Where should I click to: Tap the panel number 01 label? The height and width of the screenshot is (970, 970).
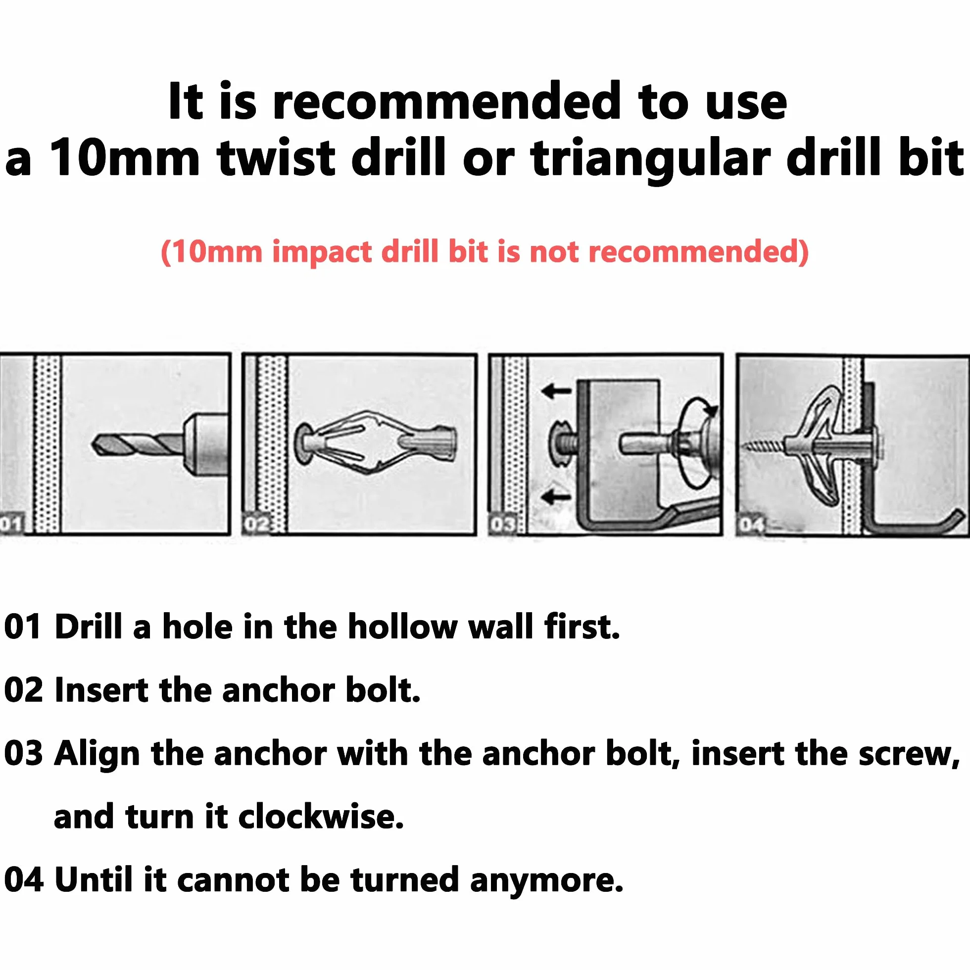point(11,524)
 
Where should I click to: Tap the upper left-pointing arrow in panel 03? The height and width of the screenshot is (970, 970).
point(556,390)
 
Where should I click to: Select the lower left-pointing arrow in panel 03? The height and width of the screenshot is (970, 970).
point(556,497)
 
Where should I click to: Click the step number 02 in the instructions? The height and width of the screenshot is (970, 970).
point(24,690)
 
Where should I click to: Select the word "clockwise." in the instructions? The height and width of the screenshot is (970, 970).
point(321,817)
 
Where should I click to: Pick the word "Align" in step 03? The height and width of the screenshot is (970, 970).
point(97,755)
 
